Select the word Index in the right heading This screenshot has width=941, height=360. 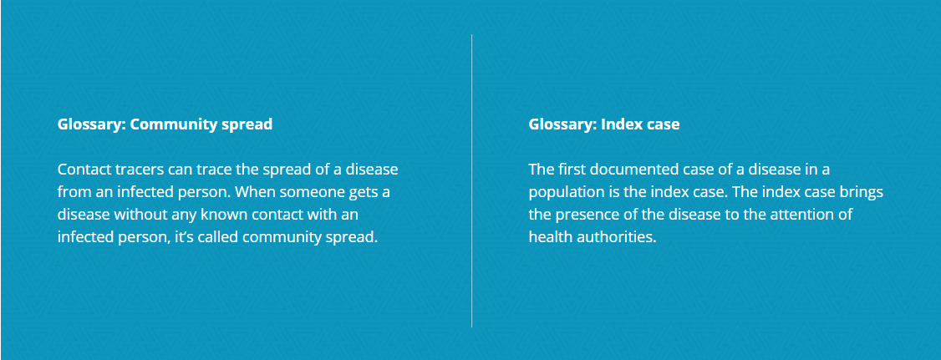point(618,124)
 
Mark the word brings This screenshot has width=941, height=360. point(863,193)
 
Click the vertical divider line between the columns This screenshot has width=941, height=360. point(471,180)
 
